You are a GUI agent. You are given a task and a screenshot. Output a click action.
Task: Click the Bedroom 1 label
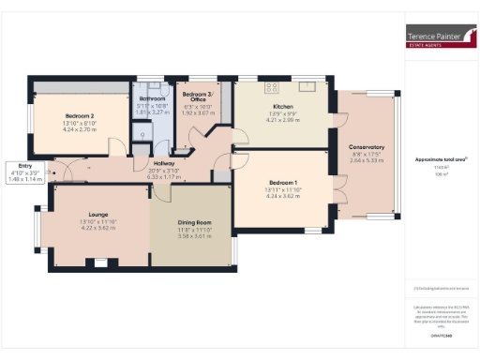coord(282,182)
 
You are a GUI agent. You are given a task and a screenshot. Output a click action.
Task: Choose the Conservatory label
coord(367,147)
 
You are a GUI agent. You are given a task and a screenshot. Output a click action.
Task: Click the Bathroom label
coord(152,97)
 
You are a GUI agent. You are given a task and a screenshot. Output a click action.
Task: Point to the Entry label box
coord(24,168)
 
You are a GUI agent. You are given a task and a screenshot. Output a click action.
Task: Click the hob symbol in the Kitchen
coord(272,87)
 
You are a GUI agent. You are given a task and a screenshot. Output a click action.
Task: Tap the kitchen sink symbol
coord(306,87)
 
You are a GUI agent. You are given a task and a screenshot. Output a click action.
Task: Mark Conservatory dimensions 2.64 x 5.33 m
coord(367,161)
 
